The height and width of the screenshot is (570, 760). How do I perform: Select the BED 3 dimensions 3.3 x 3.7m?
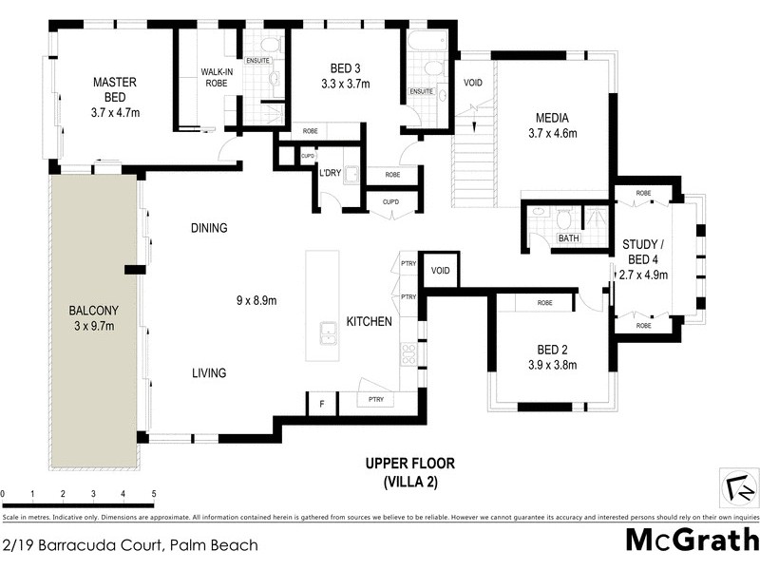coord(347,84)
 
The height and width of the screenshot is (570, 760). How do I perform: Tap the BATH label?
coord(569,238)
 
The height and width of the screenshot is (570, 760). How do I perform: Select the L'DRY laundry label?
coord(331,173)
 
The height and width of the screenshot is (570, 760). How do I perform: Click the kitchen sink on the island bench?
coord(329,333)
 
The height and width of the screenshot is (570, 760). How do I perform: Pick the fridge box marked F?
coord(321,405)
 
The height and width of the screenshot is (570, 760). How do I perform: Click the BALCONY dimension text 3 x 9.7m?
coord(93,327)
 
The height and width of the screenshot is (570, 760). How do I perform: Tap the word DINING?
coord(209,228)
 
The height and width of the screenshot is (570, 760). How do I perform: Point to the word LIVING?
coord(208,373)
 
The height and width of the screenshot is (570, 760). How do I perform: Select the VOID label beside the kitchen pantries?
coord(440,271)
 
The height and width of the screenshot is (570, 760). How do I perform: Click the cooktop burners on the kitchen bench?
coord(409,353)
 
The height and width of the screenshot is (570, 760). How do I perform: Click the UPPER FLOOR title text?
coord(410,464)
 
